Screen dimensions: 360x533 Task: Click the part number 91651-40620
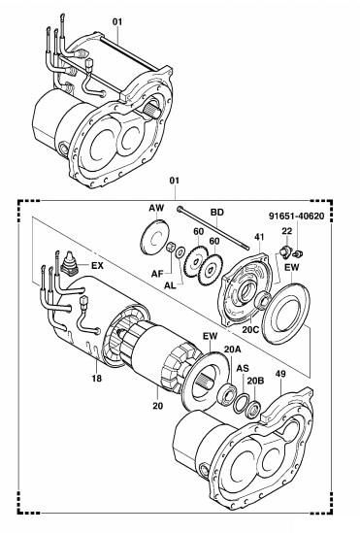(x=297, y=216)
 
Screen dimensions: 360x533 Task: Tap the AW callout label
(x=156, y=208)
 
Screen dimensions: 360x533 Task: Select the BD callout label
(x=217, y=212)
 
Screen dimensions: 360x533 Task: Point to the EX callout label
(x=97, y=265)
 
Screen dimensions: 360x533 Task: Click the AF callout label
(x=157, y=273)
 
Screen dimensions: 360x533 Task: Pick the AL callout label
(x=170, y=285)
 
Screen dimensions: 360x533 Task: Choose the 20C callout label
(x=250, y=329)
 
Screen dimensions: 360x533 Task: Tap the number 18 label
(x=97, y=378)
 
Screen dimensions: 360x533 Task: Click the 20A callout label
(x=232, y=350)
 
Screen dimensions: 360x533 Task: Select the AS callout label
(x=243, y=368)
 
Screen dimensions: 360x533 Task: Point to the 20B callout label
(x=255, y=381)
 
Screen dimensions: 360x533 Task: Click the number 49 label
(x=280, y=374)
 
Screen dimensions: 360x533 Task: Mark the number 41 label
(x=259, y=237)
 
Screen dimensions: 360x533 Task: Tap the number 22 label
(x=287, y=231)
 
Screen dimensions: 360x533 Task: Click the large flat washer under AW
(x=154, y=237)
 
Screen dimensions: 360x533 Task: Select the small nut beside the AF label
(x=170, y=247)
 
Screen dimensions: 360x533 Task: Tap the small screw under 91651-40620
(x=298, y=253)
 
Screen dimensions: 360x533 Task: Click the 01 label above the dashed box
(x=175, y=181)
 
